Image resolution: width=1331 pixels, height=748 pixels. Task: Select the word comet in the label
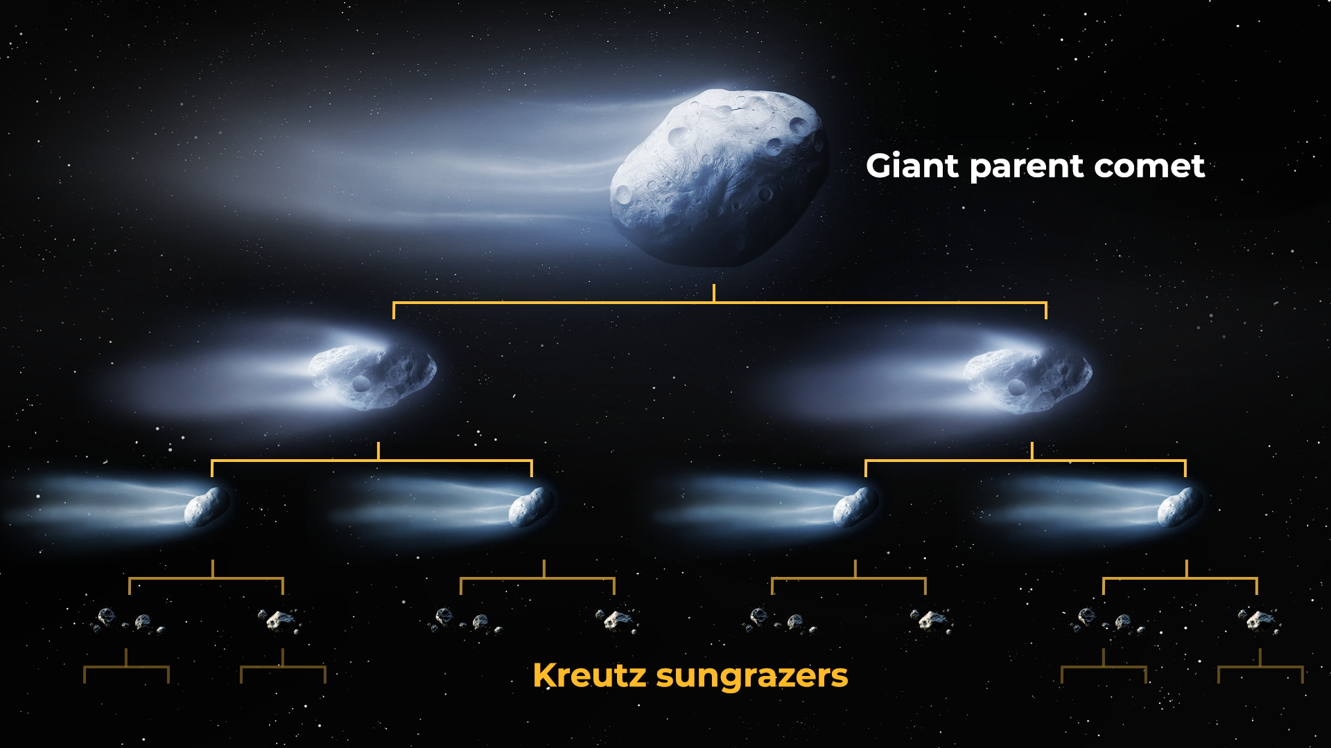pyautogui.click(x=1149, y=167)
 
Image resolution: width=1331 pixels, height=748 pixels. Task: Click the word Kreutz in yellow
pyautogui.click(x=589, y=675)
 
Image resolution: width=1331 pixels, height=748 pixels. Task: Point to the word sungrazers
pyautogui.click(x=752, y=677)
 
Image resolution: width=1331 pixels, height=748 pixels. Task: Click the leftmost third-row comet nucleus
pyautogui.click(x=207, y=506)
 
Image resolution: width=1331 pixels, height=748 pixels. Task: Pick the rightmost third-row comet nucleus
pyautogui.click(x=1180, y=506)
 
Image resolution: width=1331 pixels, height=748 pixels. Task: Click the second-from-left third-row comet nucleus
pyautogui.click(x=531, y=506)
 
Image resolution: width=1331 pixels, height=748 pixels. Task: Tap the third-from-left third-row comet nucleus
pyautogui.click(x=855, y=506)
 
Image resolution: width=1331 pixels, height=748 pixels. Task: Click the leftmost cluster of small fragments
pyautogui.click(x=128, y=621)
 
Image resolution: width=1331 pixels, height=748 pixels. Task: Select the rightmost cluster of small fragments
pyautogui.click(x=1260, y=621)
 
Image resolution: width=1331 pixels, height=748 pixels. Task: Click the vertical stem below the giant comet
pyautogui.click(x=714, y=293)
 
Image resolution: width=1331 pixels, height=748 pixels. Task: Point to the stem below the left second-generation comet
pyautogui.click(x=378, y=451)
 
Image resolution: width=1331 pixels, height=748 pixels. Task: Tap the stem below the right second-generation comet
pyautogui.click(x=1032, y=451)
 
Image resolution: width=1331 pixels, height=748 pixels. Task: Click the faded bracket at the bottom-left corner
pyautogui.click(x=126, y=667)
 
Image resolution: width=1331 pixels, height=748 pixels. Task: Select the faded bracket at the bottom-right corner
pyautogui.click(x=1260, y=667)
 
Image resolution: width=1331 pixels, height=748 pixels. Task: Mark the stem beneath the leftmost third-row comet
pyautogui.click(x=213, y=569)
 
